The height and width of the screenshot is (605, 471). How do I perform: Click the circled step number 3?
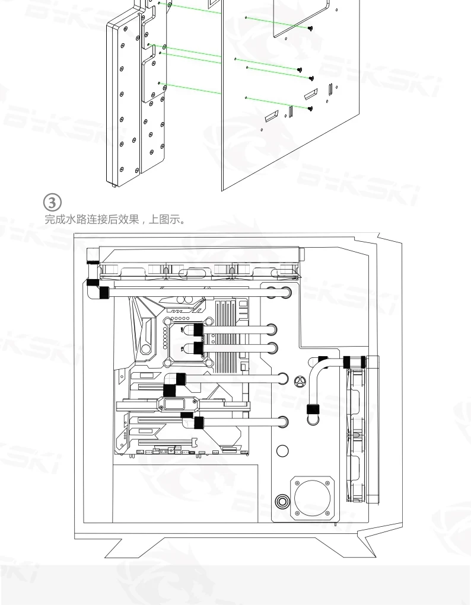52,203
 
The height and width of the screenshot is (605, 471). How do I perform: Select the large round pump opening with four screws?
312,498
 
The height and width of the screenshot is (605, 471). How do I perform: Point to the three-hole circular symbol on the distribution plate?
300,382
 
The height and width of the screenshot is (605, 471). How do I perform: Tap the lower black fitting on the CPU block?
199,348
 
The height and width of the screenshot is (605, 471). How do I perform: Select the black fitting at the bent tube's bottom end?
313,409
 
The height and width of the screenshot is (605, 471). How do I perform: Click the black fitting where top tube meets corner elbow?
104,293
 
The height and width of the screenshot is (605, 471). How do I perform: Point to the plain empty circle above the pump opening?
283,451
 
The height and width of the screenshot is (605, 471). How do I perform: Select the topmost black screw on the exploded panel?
310,28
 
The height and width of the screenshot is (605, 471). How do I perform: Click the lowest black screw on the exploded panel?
310,109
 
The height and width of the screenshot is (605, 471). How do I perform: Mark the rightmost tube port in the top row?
286,293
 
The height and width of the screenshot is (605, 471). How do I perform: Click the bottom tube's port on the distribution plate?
283,422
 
